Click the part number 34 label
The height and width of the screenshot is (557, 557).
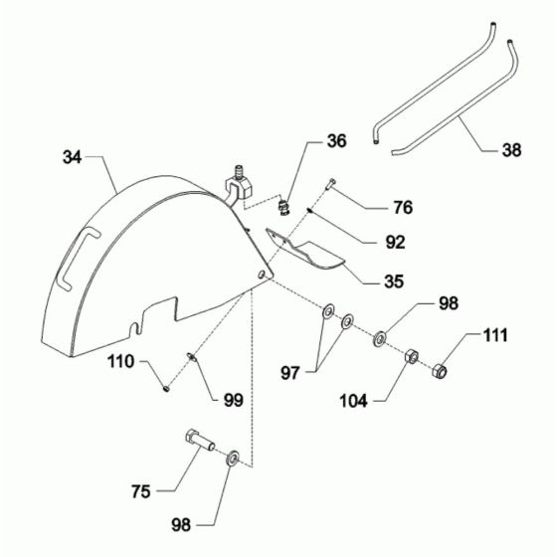pos(73,157)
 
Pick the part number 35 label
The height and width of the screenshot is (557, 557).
pos(395,280)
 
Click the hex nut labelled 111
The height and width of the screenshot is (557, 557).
pos(442,372)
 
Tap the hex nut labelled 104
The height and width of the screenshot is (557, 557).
pos(410,355)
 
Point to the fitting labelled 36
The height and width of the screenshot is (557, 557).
pos(284,207)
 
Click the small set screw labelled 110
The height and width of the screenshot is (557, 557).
pos(166,387)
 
